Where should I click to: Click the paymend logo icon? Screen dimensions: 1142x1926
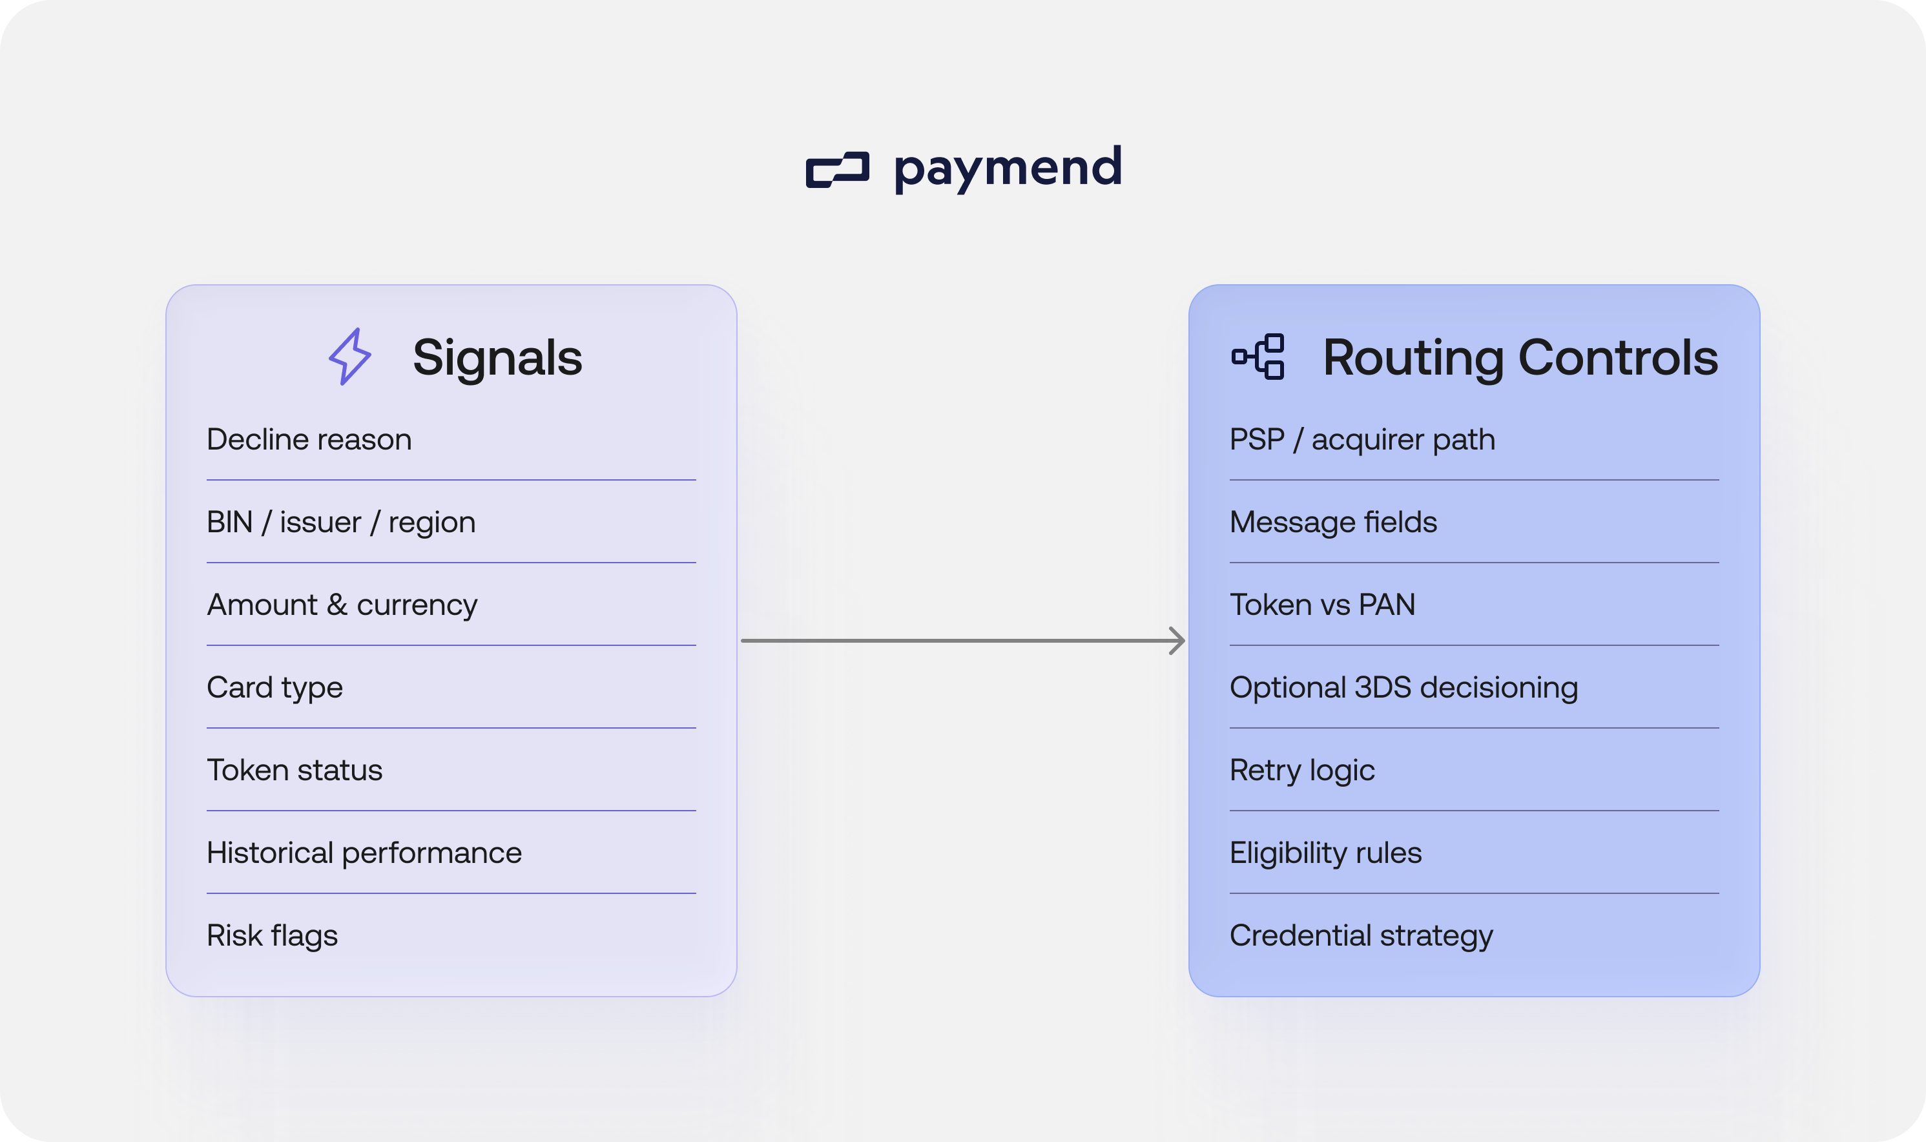click(837, 169)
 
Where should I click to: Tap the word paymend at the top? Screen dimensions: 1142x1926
click(1008, 168)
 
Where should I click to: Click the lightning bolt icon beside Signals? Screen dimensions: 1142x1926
click(350, 357)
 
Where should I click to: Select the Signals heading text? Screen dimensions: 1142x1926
click(497, 358)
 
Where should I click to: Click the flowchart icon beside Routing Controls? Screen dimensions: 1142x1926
click(1258, 357)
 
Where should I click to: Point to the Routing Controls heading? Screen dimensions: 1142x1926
click(1520, 358)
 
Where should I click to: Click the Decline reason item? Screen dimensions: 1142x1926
click(309, 439)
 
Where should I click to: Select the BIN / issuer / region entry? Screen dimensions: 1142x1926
click(341, 523)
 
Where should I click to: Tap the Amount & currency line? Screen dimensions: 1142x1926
click(342, 605)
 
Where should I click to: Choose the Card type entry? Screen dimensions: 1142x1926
click(274, 688)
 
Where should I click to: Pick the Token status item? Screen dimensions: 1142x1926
click(295, 771)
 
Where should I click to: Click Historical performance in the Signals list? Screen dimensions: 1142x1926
click(364, 853)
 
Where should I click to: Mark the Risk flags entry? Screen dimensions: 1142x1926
click(273, 936)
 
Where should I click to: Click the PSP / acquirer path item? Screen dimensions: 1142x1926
click(1362, 439)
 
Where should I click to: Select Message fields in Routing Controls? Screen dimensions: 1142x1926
click(1332, 523)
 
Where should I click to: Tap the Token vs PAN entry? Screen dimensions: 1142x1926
click(1322, 605)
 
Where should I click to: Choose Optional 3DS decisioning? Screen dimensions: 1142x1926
click(1403, 688)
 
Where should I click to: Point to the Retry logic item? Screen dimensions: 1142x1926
click(1302, 771)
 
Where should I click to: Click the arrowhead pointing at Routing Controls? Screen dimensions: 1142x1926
click(1177, 640)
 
